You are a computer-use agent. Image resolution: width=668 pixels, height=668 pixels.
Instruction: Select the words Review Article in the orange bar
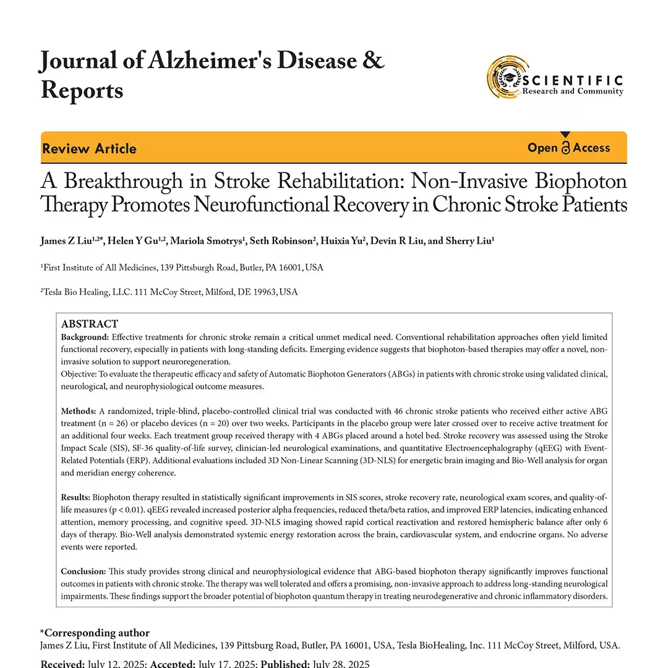[x=89, y=148]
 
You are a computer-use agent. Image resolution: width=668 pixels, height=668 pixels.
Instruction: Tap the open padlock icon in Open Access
[x=565, y=148]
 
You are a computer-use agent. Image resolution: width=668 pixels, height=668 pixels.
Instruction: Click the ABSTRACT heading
[x=89, y=324]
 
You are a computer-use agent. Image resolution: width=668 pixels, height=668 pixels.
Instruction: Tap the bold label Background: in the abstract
[x=85, y=337]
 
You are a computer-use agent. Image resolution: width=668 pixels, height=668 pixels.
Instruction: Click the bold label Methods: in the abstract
[x=78, y=411]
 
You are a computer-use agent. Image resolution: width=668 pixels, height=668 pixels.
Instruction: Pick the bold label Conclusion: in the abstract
[x=83, y=572]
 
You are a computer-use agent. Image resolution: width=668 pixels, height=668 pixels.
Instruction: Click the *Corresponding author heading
[x=95, y=633]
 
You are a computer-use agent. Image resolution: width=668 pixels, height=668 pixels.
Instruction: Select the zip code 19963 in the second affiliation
[x=262, y=292]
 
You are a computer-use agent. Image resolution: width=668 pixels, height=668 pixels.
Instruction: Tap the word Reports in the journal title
[x=82, y=90]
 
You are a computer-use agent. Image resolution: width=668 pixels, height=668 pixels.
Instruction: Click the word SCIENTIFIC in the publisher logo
[x=573, y=80]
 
